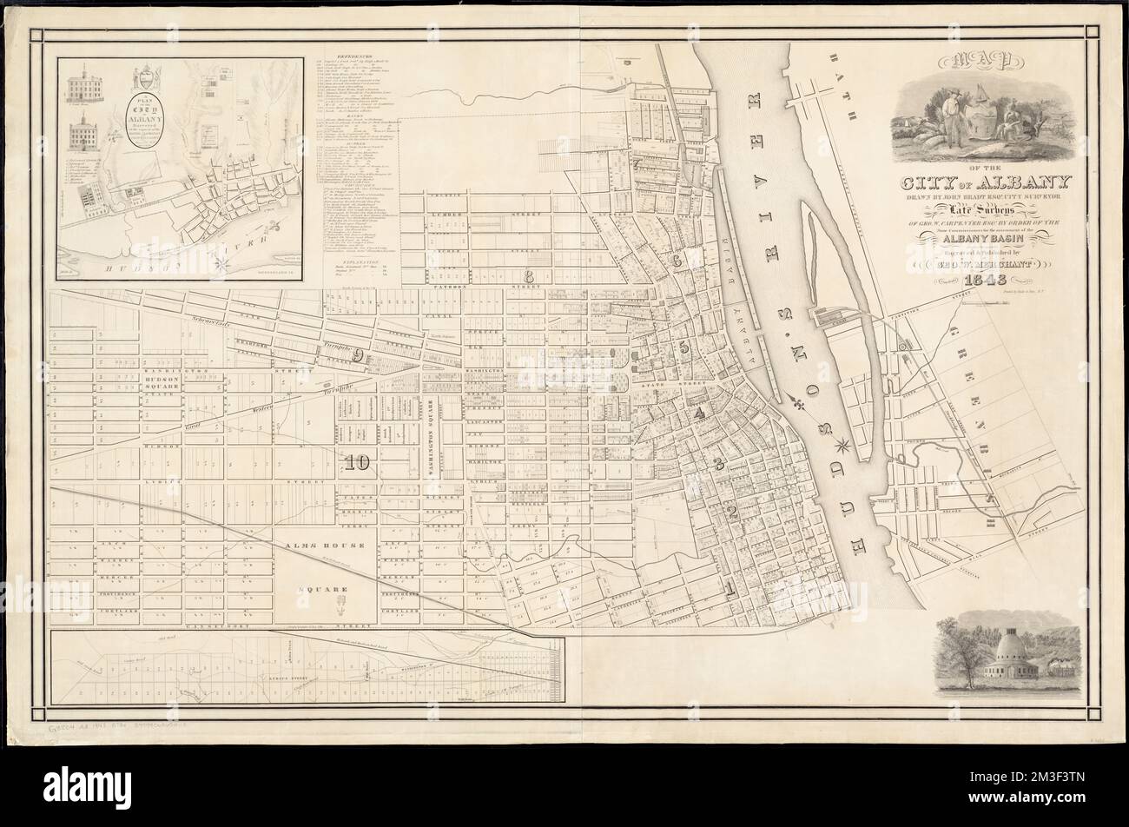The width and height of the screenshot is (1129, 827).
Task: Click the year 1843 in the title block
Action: pos(986,280)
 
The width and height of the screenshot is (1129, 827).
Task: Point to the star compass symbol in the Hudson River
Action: pos(841,448)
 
